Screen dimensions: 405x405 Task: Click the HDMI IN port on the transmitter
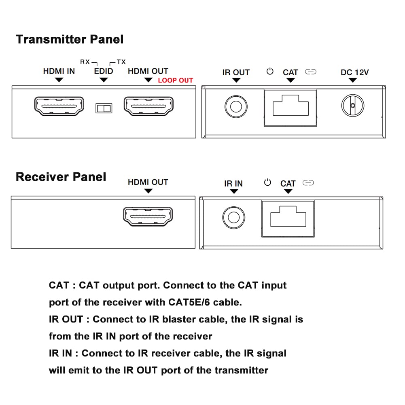pos(59,106)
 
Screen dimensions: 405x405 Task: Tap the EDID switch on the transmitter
pos(104,108)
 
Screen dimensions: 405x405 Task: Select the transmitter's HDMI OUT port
pos(148,106)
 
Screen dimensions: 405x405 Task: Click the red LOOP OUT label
pos(175,81)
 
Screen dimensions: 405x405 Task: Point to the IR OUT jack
pos(236,106)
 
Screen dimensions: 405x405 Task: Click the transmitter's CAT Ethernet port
pos(290,108)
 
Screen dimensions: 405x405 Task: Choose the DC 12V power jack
pos(353,105)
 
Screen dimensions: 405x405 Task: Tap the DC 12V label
pos(355,72)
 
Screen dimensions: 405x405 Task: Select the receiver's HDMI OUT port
pos(148,216)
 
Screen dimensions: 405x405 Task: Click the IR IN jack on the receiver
pos(234,218)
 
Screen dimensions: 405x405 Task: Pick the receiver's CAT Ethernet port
pos(288,219)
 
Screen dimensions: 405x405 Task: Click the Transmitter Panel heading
pos(70,40)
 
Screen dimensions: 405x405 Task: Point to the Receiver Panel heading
pos(61,177)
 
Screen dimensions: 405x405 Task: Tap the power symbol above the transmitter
pos(270,71)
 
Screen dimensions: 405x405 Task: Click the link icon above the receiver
pos(308,183)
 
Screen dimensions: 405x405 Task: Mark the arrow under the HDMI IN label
pos(59,80)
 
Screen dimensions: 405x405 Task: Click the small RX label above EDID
pos(85,62)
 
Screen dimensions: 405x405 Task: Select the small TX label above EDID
pos(121,62)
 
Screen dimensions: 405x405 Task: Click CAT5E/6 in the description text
pos(189,302)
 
